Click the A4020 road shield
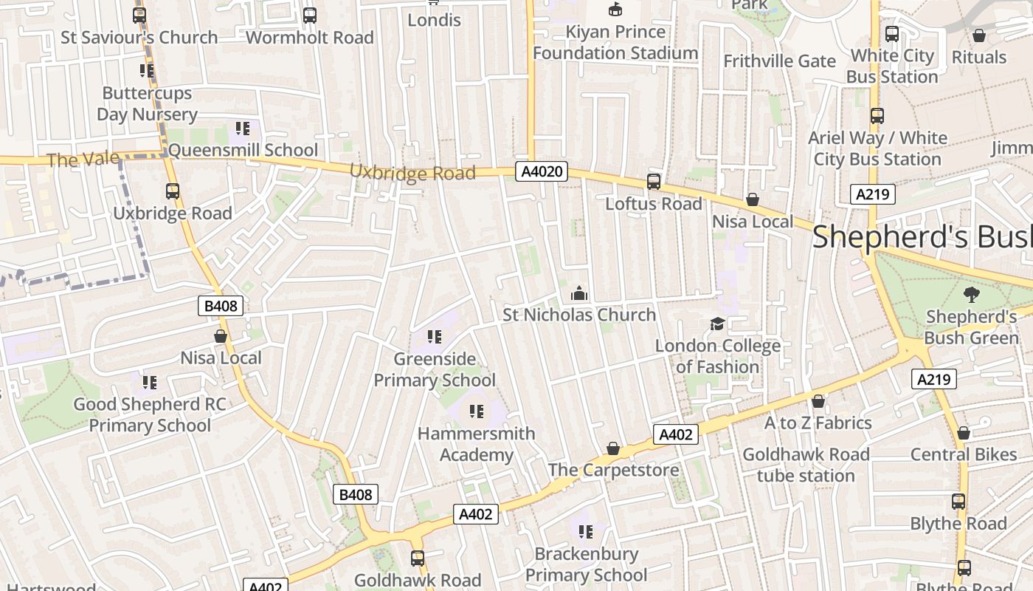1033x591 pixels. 542,172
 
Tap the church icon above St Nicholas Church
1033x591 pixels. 579,294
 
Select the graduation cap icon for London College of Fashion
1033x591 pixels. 717,324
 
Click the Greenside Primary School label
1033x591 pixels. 435,369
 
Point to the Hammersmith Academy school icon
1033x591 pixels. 477,411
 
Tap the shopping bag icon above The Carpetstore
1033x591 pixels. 613,448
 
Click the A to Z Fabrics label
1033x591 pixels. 818,423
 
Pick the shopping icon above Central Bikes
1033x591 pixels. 963,433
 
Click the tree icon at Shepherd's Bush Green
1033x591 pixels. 972,294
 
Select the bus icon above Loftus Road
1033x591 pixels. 654,181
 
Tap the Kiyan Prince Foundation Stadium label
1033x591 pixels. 615,43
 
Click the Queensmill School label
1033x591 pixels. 243,151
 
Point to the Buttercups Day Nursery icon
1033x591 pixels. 147,71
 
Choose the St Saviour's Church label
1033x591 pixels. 139,38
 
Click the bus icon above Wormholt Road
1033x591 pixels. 310,16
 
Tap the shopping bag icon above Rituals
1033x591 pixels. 979,35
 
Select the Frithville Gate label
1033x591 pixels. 779,61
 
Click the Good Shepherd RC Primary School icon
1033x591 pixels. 150,383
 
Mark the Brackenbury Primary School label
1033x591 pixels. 586,564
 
